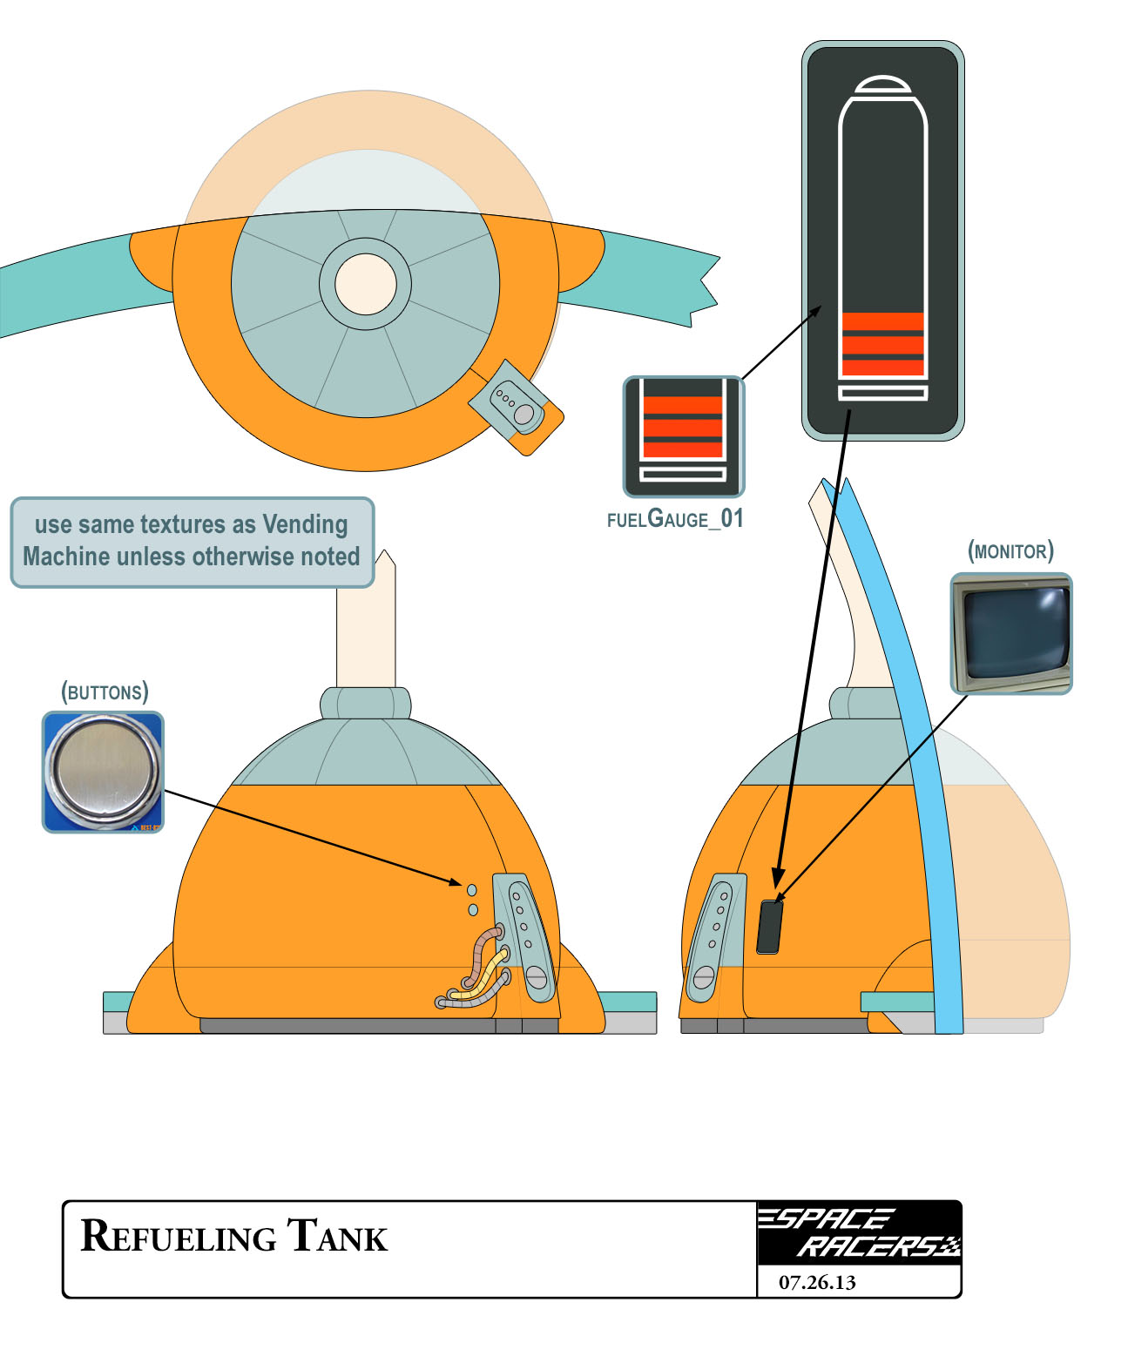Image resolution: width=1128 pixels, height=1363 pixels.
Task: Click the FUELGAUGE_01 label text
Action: (x=675, y=519)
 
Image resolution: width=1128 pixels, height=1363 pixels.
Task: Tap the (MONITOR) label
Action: (x=1010, y=551)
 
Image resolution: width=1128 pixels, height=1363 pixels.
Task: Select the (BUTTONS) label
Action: (x=105, y=692)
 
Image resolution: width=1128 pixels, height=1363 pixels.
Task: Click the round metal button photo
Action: (x=103, y=772)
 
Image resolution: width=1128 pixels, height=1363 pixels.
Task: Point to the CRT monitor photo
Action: (x=1011, y=633)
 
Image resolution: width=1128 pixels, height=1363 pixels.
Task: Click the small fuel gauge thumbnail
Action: (x=684, y=436)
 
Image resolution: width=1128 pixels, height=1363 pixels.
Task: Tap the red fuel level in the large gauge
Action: (x=882, y=343)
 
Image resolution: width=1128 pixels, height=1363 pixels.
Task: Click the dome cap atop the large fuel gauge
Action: (x=882, y=84)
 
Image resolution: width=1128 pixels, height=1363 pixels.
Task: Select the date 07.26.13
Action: (x=817, y=1282)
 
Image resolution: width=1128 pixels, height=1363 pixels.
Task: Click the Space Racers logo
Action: (x=858, y=1232)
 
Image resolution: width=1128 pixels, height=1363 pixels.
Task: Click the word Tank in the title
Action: (x=337, y=1237)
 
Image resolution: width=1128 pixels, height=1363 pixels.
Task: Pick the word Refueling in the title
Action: (x=179, y=1237)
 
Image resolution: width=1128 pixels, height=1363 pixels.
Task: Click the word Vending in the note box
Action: (x=305, y=524)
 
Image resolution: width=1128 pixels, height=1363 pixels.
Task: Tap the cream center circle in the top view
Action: (x=366, y=284)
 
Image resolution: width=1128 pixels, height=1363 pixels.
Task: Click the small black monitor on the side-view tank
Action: (x=769, y=927)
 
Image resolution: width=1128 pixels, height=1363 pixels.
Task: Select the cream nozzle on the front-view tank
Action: (x=366, y=623)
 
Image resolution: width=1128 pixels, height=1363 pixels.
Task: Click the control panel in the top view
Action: (x=515, y=406)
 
